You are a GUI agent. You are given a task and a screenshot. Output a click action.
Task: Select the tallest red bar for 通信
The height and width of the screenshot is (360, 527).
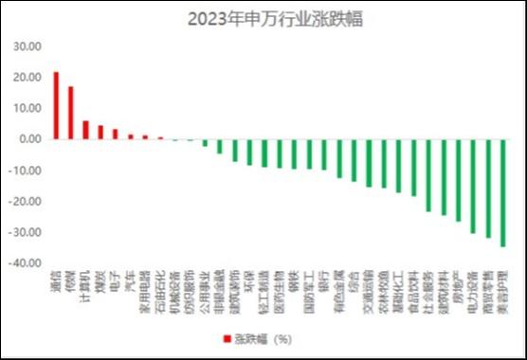tap(56, 105)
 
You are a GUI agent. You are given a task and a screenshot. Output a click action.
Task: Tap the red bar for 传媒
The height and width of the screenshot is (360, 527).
tap(70, 113)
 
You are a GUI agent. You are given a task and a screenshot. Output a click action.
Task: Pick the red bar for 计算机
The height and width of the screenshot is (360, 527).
tap(85, 130)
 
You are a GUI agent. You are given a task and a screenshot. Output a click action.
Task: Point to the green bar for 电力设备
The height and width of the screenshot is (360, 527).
tap(473, 186)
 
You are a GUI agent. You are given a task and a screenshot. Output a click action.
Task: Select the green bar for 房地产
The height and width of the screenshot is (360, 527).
tap(458, 180)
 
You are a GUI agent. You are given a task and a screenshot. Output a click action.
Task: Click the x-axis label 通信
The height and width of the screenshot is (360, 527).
tap(56, 287)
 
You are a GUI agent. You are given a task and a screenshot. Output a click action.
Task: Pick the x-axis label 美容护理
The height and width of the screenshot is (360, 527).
tap(502, 296)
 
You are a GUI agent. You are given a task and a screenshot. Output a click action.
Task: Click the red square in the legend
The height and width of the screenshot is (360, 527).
tap(227, 337)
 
